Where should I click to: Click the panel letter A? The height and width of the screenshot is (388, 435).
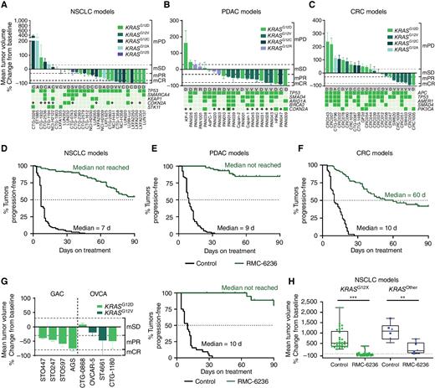[x=4, y=5]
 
